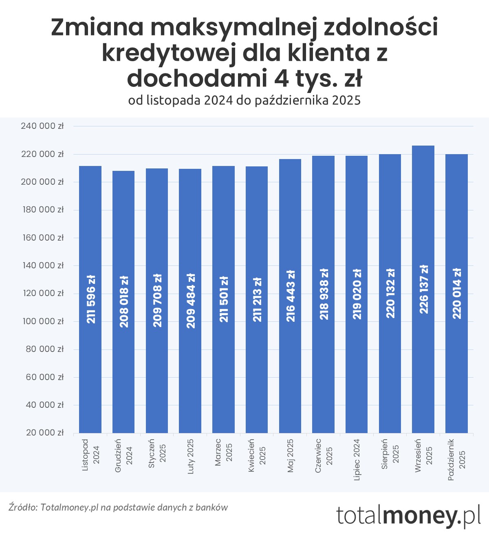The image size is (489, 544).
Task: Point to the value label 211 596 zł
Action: (x=91, y=299)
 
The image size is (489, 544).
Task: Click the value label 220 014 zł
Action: (x=457, y=293)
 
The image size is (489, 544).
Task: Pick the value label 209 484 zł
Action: (x=191, y=301)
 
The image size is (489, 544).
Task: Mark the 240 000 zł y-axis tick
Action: (x=42, y=126)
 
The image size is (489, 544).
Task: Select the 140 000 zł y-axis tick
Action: (x=42, y=265)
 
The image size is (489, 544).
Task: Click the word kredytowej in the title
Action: (x=168, y=53)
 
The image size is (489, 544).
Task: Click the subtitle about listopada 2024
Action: (x=244, y=100)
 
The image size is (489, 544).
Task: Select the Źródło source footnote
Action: (x=118, y=507)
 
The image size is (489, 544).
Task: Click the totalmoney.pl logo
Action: (x=408, y=515)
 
